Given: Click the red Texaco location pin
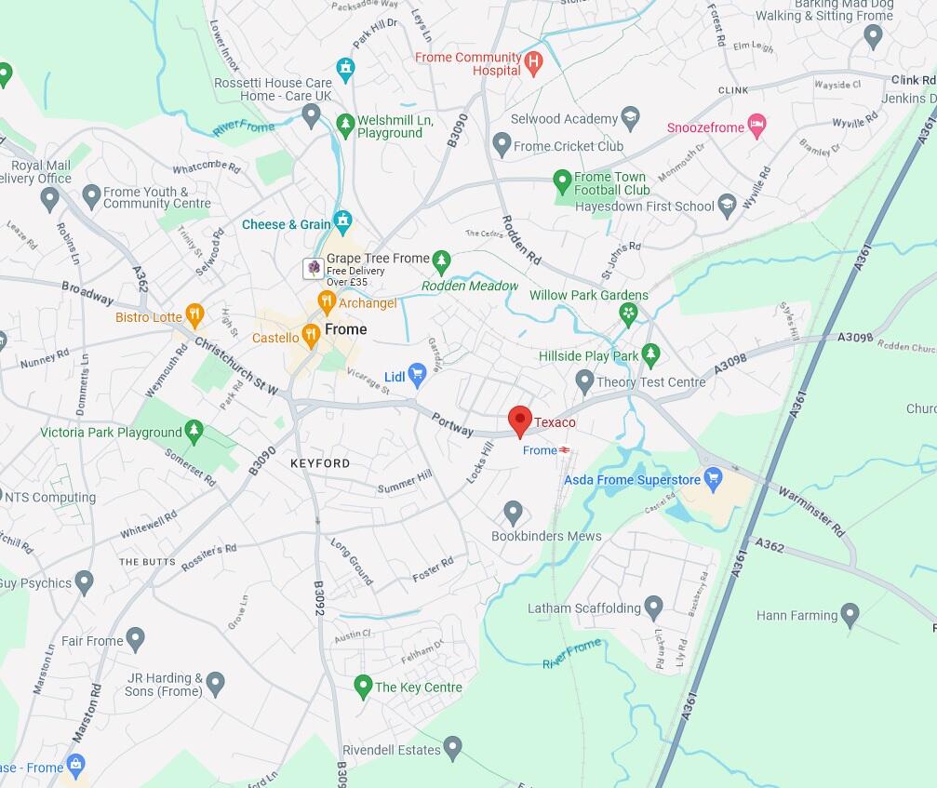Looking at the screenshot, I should tap(520, 420).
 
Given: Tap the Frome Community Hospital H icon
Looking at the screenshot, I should tap(533, 63).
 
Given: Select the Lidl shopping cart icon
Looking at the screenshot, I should tap(417, 375).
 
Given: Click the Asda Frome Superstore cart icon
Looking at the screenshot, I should tap(714, 480).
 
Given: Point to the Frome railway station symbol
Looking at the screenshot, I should tap(565, 450).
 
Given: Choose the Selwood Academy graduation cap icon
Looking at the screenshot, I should tap(631, 118).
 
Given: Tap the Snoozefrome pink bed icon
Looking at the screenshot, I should tap(757, 127).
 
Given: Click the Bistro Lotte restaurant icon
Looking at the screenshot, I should tap(194, 316).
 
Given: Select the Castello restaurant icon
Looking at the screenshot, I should tap(312, 337).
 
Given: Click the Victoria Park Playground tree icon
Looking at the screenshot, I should tap(194, 431).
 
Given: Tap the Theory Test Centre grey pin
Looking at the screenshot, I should tap(584, 381).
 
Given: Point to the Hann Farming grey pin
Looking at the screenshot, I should tap(850, 614).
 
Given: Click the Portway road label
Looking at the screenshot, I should tap(452, 424).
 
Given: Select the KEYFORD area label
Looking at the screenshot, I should tap(320, 462).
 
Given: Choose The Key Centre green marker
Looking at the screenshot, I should tap(364, 687).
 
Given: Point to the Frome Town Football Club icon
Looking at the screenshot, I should tap(562, 179).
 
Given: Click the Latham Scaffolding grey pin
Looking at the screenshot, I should tap(653, 608).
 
